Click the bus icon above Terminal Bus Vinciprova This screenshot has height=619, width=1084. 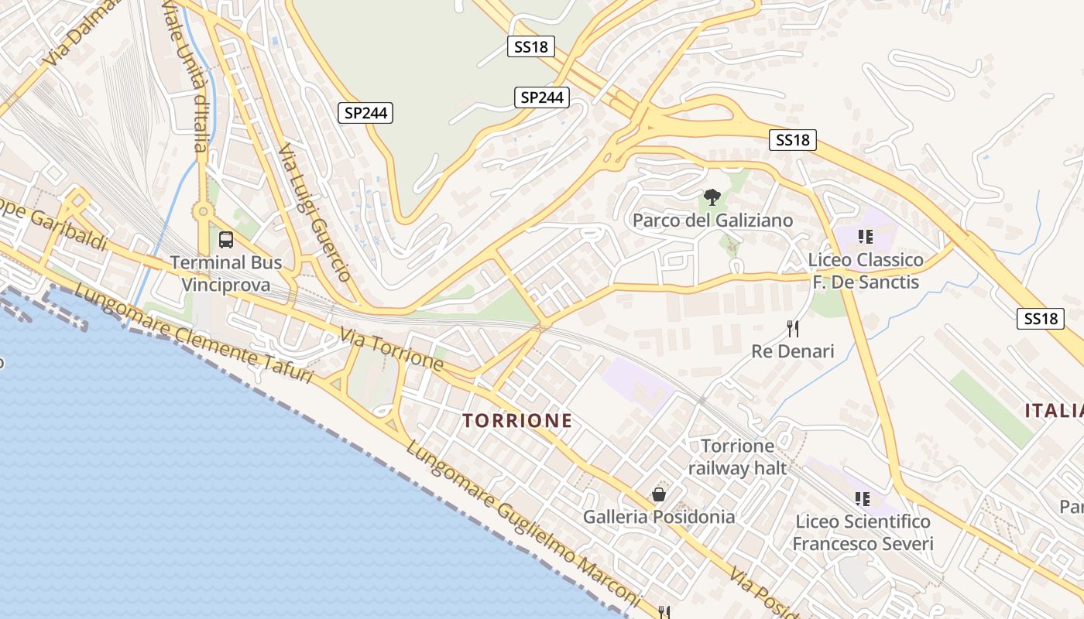pyautogui.click(x=226, y=240)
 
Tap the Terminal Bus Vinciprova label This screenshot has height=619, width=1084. pyautogui.click(x=226, y=274)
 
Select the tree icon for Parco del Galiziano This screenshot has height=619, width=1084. pyautogui.click(x=712, y=198)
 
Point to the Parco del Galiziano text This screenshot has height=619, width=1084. pyautogui.click(x=712, y=221)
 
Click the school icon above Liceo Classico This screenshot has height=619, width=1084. pyautogui.click(x=865, y=236)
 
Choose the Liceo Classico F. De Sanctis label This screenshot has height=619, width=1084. pyautogui.click(x=866, y=271)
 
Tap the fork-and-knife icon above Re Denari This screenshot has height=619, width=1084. pyautogui.click(x=793, y=329)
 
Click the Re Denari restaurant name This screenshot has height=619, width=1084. pyautogui.click(x=793, y=351)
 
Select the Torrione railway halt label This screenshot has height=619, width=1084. pyautogui.click(x=737, y=457)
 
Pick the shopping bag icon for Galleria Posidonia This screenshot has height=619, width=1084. pyautogui.click(x=659, y=494)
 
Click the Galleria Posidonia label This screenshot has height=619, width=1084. pyautogui.click(x=659, y=516)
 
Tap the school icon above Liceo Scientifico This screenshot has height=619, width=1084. pyautogui.click(x=862, y=499)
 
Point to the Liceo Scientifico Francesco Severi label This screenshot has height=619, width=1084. pyautogui.click(x=863, y=533)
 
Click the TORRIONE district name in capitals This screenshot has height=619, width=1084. pyautogui.click(x=517, y=421)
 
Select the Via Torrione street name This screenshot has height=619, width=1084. pyautogui.click(x=392, y=350)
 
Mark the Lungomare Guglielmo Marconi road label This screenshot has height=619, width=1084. pyautogui.click(x=523, y=524)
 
